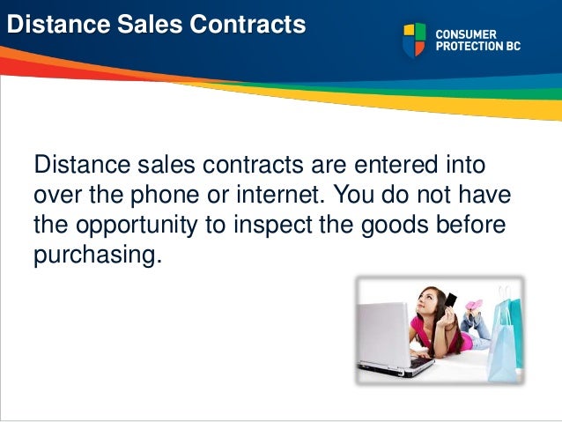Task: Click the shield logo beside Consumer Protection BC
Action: pos(414,41)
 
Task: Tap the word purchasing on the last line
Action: pos(98,255)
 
